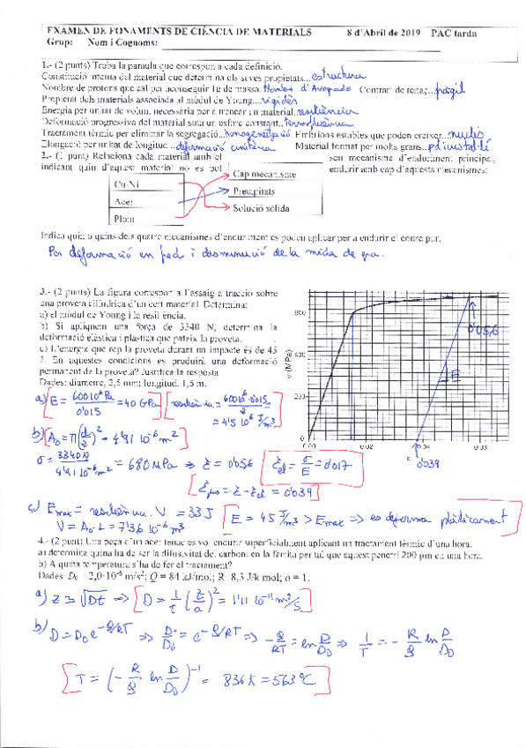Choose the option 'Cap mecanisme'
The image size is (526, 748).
click(x=264, y=175)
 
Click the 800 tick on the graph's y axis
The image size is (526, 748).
click(x=299, y=313)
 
